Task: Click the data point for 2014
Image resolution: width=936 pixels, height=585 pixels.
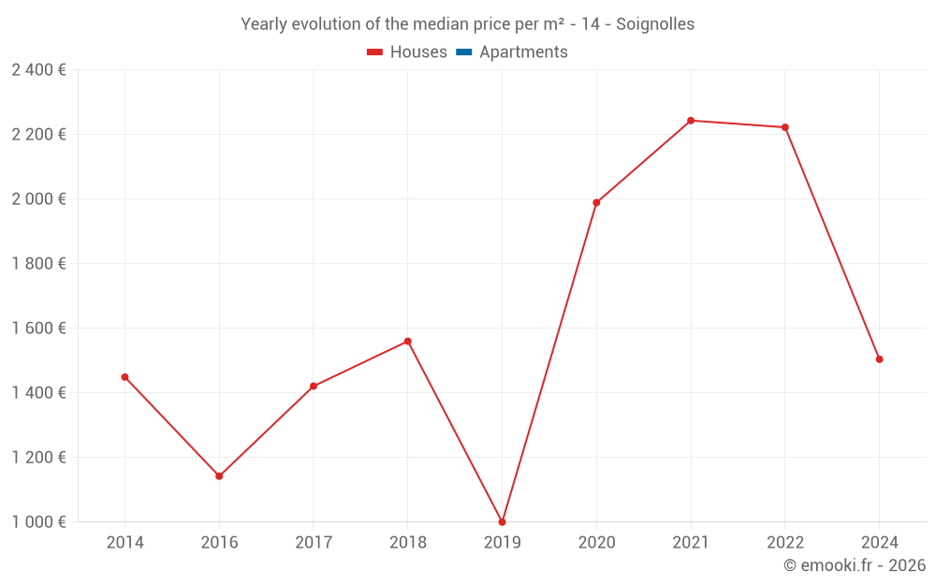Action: coord(124,377)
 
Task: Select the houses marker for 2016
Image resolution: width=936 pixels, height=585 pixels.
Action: coord(219,476)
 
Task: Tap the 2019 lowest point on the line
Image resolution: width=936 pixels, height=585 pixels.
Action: coord(502,521)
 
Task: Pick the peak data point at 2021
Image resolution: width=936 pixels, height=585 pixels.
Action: coord(691,121)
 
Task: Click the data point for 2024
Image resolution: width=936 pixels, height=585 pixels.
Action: coord(879,359)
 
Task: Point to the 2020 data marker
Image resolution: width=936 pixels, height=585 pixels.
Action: coord(596,202)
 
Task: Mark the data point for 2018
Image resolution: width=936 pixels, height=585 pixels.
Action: coord(407,342)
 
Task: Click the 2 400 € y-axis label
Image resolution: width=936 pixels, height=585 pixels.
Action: coord(38,70)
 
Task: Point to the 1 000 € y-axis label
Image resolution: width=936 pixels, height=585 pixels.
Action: coord(38,522)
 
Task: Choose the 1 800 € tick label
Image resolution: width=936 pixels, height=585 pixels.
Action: coord(38,264)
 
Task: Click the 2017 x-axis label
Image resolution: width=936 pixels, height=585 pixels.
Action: coord(314,543)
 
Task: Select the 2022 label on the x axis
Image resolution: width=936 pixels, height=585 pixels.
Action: coord(784,543)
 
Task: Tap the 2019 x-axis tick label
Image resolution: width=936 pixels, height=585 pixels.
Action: coord(502,543)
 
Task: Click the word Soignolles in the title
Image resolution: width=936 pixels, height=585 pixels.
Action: coord(655,24)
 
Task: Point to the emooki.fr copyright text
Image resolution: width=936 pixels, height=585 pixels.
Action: coord(854,565)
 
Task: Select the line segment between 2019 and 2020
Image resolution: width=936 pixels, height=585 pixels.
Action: coord(549,362)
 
